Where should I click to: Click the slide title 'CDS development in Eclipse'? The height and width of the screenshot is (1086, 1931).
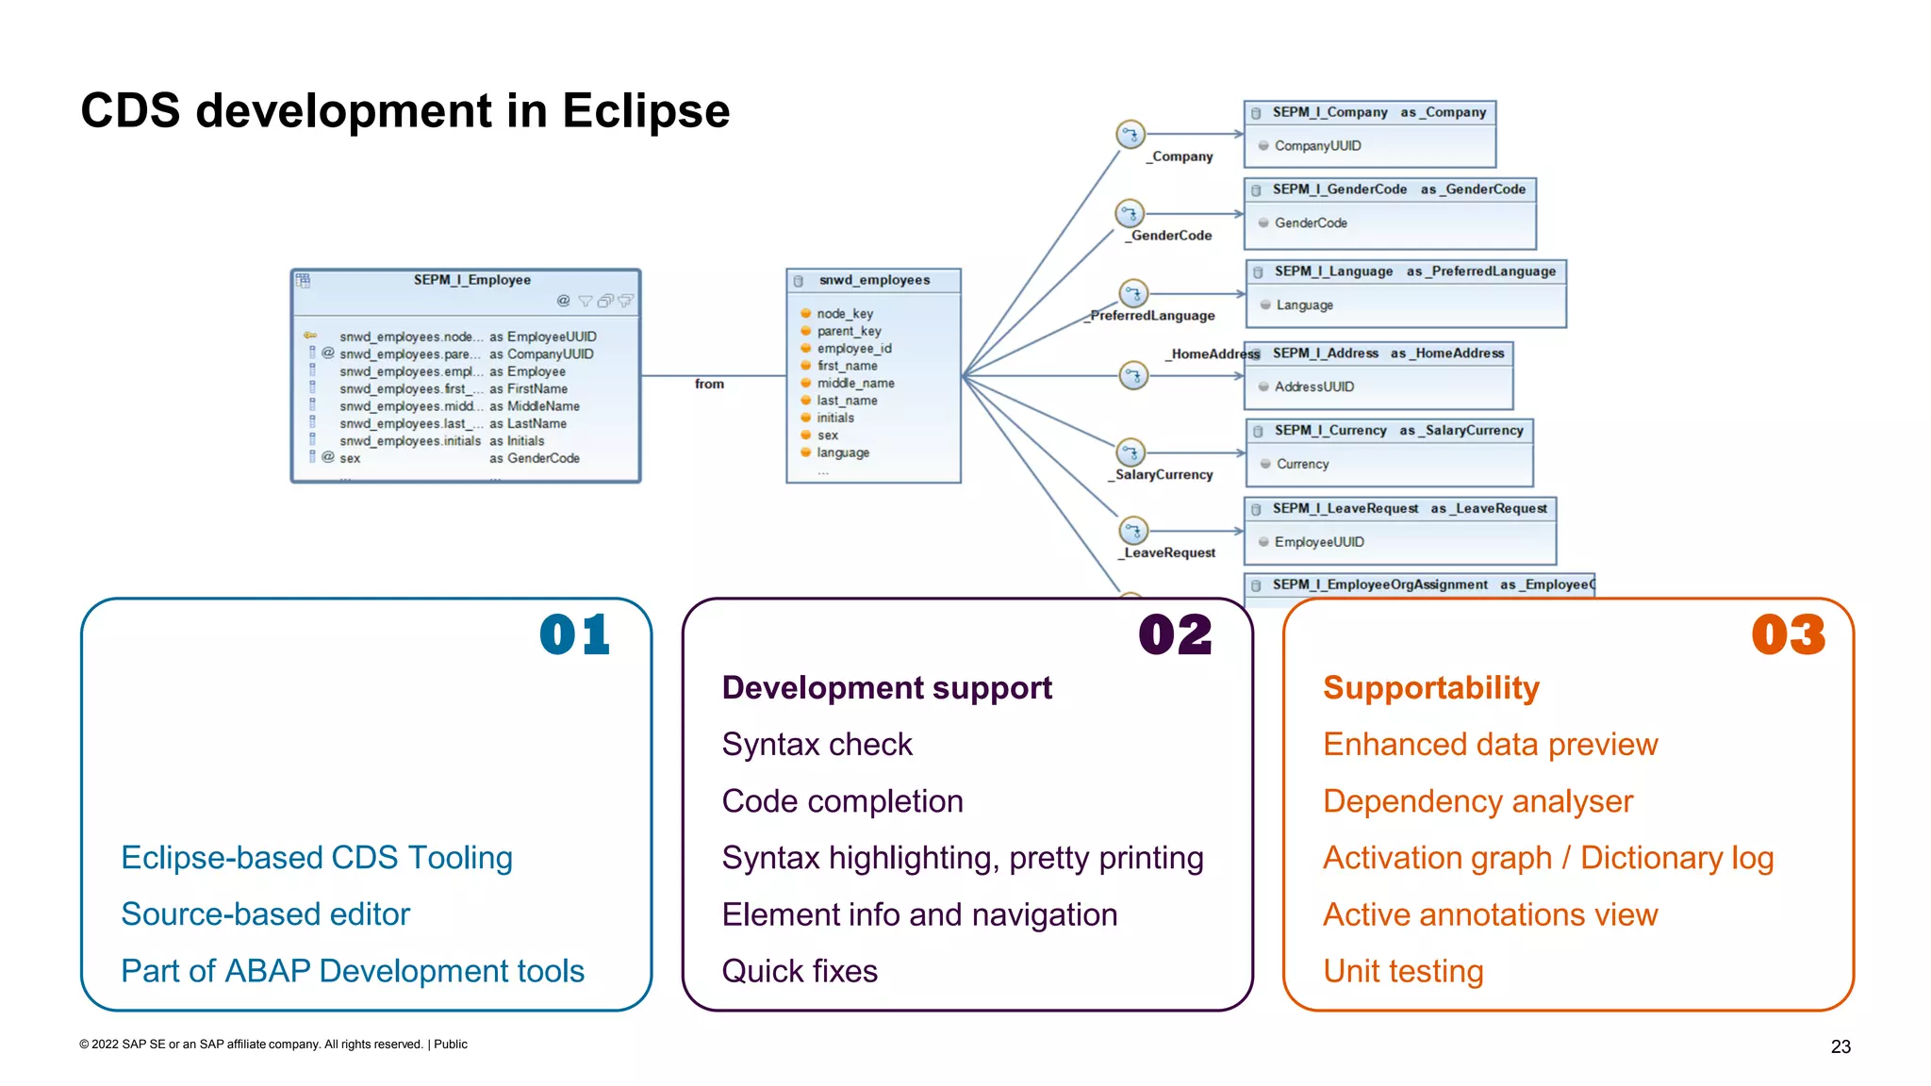[404, 111]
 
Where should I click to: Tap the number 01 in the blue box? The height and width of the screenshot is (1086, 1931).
[574, 635]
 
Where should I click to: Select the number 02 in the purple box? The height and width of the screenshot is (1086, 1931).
[1175, 635]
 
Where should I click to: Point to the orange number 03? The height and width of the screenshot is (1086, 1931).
[1788, 635]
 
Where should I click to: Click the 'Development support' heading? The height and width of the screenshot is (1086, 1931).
[886, 688]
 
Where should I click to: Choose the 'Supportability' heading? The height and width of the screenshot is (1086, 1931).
[1430, 688]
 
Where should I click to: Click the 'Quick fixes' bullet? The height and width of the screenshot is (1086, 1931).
[800, 971]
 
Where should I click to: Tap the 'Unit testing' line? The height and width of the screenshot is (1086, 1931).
[1403, 971]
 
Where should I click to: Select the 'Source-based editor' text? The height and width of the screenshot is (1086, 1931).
[266, 914]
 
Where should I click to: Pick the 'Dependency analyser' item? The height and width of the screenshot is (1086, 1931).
[1477, 801]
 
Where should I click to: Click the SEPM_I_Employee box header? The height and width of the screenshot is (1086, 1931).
[471, 280]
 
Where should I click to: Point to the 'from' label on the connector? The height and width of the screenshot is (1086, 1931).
[709, 384]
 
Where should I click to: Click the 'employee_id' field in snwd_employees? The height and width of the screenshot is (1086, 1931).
[853, 349]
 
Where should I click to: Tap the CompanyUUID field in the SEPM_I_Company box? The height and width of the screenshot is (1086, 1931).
[1317, 146]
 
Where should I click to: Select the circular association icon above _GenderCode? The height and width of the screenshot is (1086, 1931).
[1130, 214]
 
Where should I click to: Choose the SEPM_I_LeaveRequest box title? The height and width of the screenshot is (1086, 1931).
[1345, 509]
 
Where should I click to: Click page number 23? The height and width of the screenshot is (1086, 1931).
[1840, 1046]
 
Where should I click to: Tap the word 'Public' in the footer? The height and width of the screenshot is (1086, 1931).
[451, 1045]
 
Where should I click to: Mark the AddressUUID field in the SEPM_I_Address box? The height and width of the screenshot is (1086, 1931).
[1313, 387]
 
